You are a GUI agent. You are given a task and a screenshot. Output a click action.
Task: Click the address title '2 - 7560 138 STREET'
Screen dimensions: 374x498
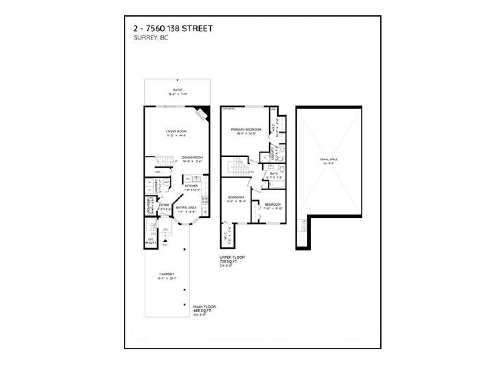click(x=173, y=28)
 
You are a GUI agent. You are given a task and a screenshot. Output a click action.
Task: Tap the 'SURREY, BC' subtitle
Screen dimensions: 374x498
click(x=151, y=38)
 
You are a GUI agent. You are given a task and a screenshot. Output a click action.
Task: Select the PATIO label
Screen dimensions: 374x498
click(x=178, y=90)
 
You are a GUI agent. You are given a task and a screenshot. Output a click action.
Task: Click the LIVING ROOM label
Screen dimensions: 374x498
click(x=176, y=131)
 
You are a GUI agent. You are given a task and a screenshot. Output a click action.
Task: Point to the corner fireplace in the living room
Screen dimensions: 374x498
click(x=202, y=113)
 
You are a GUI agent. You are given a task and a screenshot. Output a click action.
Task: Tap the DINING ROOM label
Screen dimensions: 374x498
click(x=192, y=157)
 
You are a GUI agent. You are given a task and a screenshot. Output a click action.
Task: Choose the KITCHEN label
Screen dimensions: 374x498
click(x=191, y=186)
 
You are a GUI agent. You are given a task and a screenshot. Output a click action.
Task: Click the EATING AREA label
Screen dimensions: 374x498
click(x=186, y=208)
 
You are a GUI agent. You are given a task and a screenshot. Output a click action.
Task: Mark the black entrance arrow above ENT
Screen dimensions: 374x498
click(x=166, y=240)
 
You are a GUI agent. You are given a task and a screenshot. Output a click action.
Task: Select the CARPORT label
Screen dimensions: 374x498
click(x=167, y=274)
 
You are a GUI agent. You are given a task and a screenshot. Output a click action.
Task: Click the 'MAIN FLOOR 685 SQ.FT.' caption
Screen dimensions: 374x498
click(x=204, y=309)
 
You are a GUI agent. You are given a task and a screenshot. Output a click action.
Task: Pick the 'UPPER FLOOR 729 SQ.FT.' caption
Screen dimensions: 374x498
click(x=232, y=259)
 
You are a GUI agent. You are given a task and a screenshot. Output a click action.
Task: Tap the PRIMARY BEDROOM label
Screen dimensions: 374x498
click(x=246, y=129)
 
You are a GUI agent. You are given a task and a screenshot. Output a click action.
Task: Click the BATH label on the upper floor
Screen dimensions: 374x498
click(x=274, y=173)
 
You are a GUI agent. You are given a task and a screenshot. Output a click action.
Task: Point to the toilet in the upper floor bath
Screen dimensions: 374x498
click(x=282, y=169)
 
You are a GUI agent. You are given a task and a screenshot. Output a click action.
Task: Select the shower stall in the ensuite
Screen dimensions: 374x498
click(x=265, y=157)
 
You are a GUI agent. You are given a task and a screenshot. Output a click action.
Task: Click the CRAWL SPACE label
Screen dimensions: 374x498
click(x=329, y=160)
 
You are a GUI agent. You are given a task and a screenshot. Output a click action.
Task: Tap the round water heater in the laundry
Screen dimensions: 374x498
click(x=166, y=182)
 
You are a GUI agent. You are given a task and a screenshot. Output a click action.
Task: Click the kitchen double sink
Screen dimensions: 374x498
click(x=196, y=179)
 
